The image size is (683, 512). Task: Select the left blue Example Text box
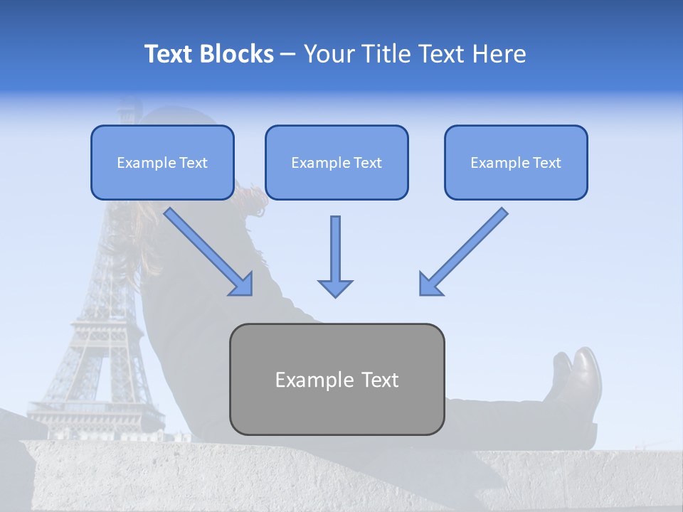pos(162,162)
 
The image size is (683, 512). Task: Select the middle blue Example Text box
pos(337,162)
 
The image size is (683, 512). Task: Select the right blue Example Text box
pos(516,162)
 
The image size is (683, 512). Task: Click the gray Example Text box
pos(337,379)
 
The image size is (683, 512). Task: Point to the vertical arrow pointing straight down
pos(335,252)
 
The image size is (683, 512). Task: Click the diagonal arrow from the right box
pos(466,250)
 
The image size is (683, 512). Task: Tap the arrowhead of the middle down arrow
pos(335,287)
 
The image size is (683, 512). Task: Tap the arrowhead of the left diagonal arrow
pos(242,284)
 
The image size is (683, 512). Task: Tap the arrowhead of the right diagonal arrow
pos(430,284)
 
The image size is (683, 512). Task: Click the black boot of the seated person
pos(580,388)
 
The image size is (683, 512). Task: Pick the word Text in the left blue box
pos(194,162)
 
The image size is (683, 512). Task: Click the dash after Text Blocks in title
pos(288,54)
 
